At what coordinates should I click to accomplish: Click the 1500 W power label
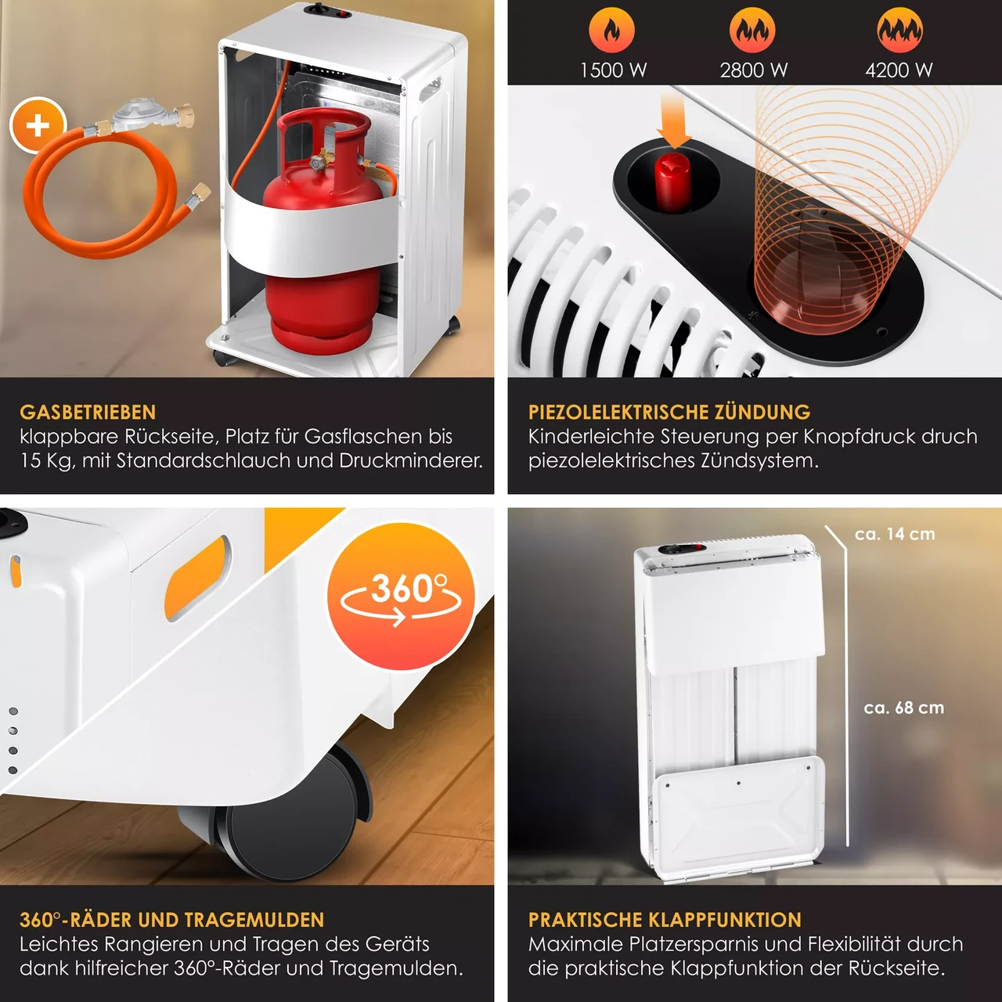coord(613,70)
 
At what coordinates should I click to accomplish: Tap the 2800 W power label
coord(753,70)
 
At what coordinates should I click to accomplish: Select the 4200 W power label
coord(899,70)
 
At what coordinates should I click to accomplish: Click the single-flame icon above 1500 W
coord(611,31)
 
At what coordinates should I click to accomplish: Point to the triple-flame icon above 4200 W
coord(900,31)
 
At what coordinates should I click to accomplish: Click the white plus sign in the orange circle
coord(38,125)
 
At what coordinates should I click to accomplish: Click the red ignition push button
coord(672,182)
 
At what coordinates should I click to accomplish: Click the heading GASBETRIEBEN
coord(88,413)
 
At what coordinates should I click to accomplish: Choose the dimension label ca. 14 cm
coord(895,534)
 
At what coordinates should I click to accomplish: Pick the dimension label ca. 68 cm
coord(903,708)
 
